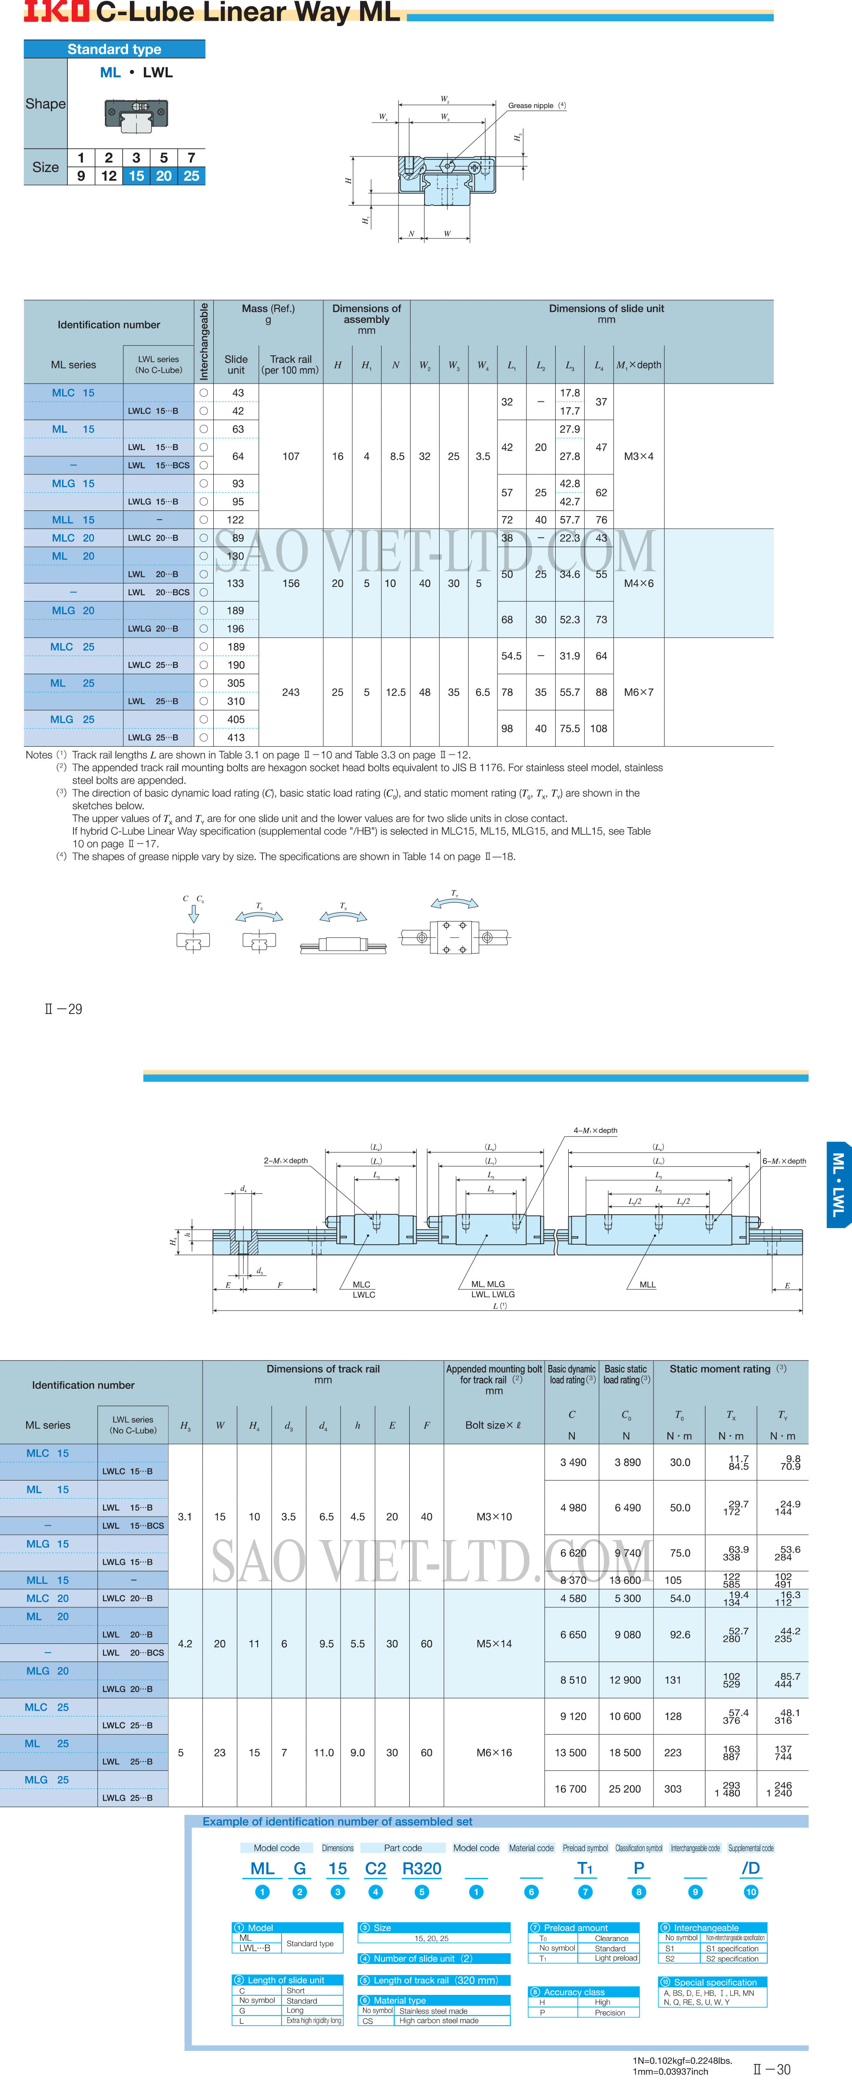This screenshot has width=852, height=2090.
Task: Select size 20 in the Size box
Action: point(164,176)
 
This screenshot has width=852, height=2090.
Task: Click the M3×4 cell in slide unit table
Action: point(639,456)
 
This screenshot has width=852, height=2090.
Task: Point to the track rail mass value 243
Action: point(291,692)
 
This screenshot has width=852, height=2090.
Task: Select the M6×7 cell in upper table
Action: point(639,692)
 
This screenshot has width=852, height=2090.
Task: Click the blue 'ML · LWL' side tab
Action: point(838,1185)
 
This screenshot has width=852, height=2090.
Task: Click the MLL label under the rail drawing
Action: point(647,1284)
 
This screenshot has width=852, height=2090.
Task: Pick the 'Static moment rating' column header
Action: point(720,1369)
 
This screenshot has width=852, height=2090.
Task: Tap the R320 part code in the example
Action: point(422,1868)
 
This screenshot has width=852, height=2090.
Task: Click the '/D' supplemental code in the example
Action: point(751,1868)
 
